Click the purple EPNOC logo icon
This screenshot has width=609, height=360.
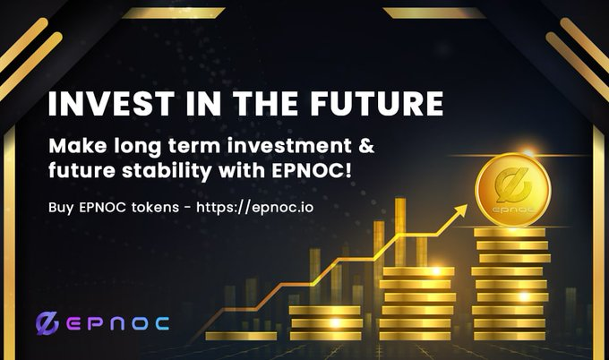pyautogui.click(x=46, y=322)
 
